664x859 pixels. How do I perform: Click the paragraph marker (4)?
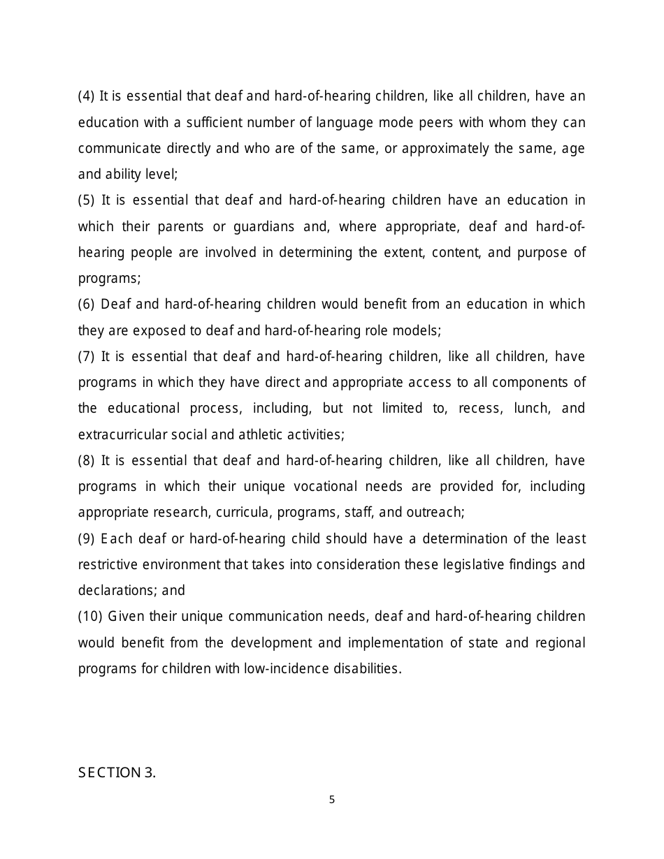[x=86, y=96]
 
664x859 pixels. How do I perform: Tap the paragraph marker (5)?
[x=86, y=200]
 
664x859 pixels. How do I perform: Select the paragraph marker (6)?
[x=86, y=304]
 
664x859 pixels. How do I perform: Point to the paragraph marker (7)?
[x=86, y=357]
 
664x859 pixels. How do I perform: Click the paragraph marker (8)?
[x=86, y=461]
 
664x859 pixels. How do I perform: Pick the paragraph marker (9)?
[x=86, y=539]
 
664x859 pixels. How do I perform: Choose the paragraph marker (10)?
[x=89, y=617]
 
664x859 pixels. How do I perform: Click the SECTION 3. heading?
[x=117, y=772]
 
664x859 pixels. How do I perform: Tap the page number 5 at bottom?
[x=332, y=800]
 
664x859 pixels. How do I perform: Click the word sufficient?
[x=214, y=123]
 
